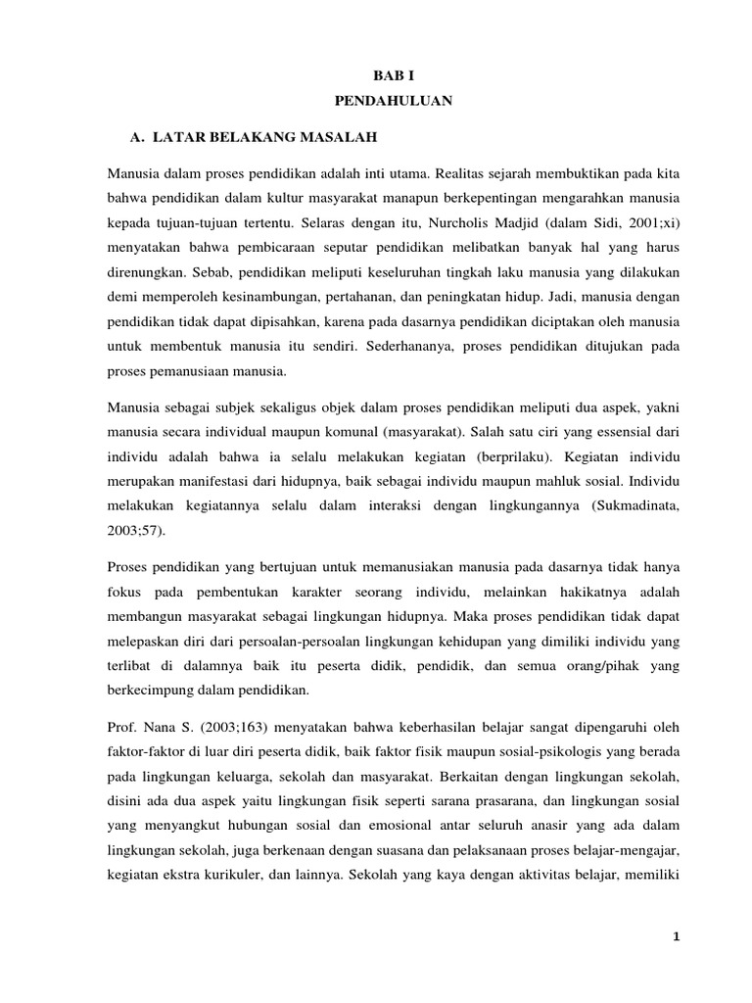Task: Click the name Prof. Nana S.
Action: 144,729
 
